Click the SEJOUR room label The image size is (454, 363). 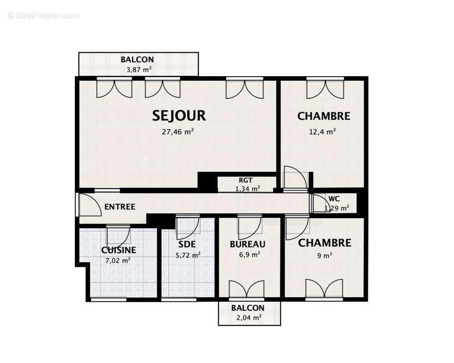[x=179, y=116]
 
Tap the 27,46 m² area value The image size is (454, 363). [x=178, y=132]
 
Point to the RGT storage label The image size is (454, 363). [x=245, y=180]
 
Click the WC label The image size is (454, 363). [x=334, y=199]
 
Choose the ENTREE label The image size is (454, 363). [x=120, y=207]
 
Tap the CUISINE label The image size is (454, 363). [x=118, y=250]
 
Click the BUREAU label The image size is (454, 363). [x=247, y=244]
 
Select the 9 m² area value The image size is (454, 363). [x=324, y=255]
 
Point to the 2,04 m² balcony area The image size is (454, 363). [x=248, y=318]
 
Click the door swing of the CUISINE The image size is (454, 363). [x=118, y=235]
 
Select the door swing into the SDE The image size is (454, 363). [x=188, y=228]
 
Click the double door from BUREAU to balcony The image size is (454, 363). [x=246, y=289]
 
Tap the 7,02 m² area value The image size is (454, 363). [x=118, y=260]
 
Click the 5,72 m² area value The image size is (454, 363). [x=188, y=255]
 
